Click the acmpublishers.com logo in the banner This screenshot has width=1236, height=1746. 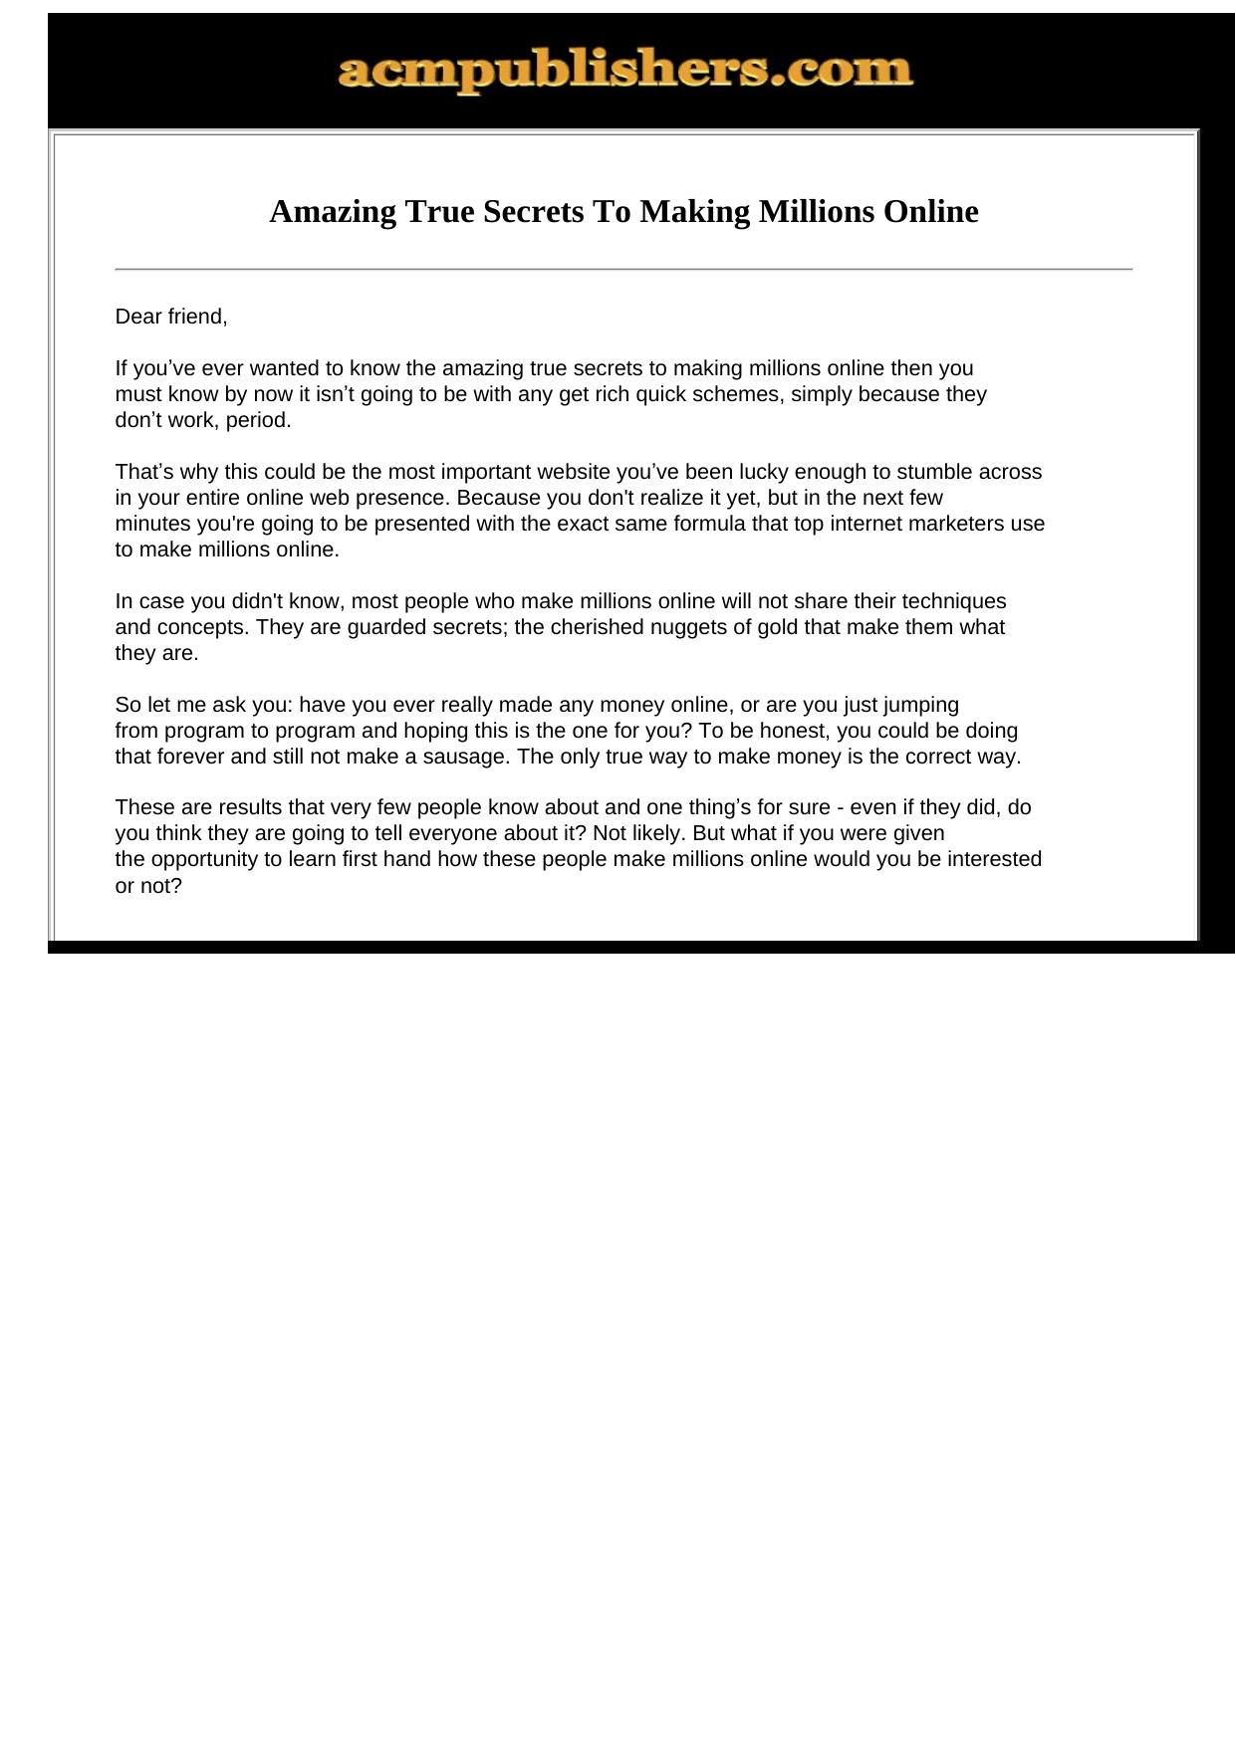(x=624, y=71)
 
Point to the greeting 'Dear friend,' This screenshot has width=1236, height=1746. (x=171, y=317)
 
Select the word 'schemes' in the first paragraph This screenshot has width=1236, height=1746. (x=736, y=394)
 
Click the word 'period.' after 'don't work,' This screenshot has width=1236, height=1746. (x=259, y=420)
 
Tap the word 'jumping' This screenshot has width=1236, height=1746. (x=921, y=705)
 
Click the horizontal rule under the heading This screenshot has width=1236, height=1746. (x=623, y=269)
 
